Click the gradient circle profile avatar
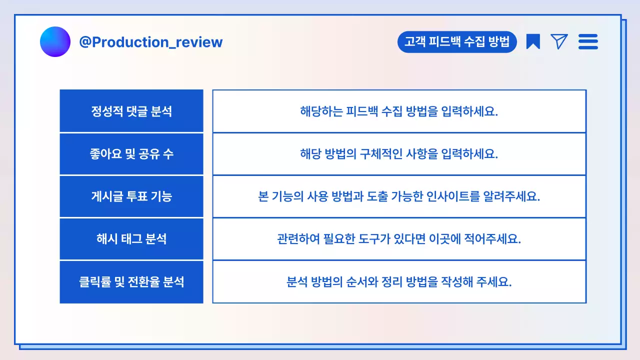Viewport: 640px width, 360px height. (x=55, y=41)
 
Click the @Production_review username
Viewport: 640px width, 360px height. (x=150, y=42)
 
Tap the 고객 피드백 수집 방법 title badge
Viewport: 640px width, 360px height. (x=457, y=42)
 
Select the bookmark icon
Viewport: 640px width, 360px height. (x=533, y=41)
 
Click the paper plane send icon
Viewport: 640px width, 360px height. (x=559, y=41)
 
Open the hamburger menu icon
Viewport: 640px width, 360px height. (x=588, y=41)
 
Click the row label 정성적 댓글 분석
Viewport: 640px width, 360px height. (x=131, y=111)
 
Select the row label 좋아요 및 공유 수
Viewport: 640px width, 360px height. (x=131, y=154)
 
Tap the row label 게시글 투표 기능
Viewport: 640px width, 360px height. (x=131, y=196)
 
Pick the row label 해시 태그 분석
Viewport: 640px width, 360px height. (x=131, y=239)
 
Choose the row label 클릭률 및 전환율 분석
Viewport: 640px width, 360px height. (x=131, y=282)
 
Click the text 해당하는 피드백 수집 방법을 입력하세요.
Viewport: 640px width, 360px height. (x=399, y=111)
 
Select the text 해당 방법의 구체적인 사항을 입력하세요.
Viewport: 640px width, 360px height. (x=399, y=154)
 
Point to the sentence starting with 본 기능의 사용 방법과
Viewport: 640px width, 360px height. (x=399, y=196)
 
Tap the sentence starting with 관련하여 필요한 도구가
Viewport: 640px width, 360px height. (x=399, y=239)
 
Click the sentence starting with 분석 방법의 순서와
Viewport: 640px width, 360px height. (x=399, y=282)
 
